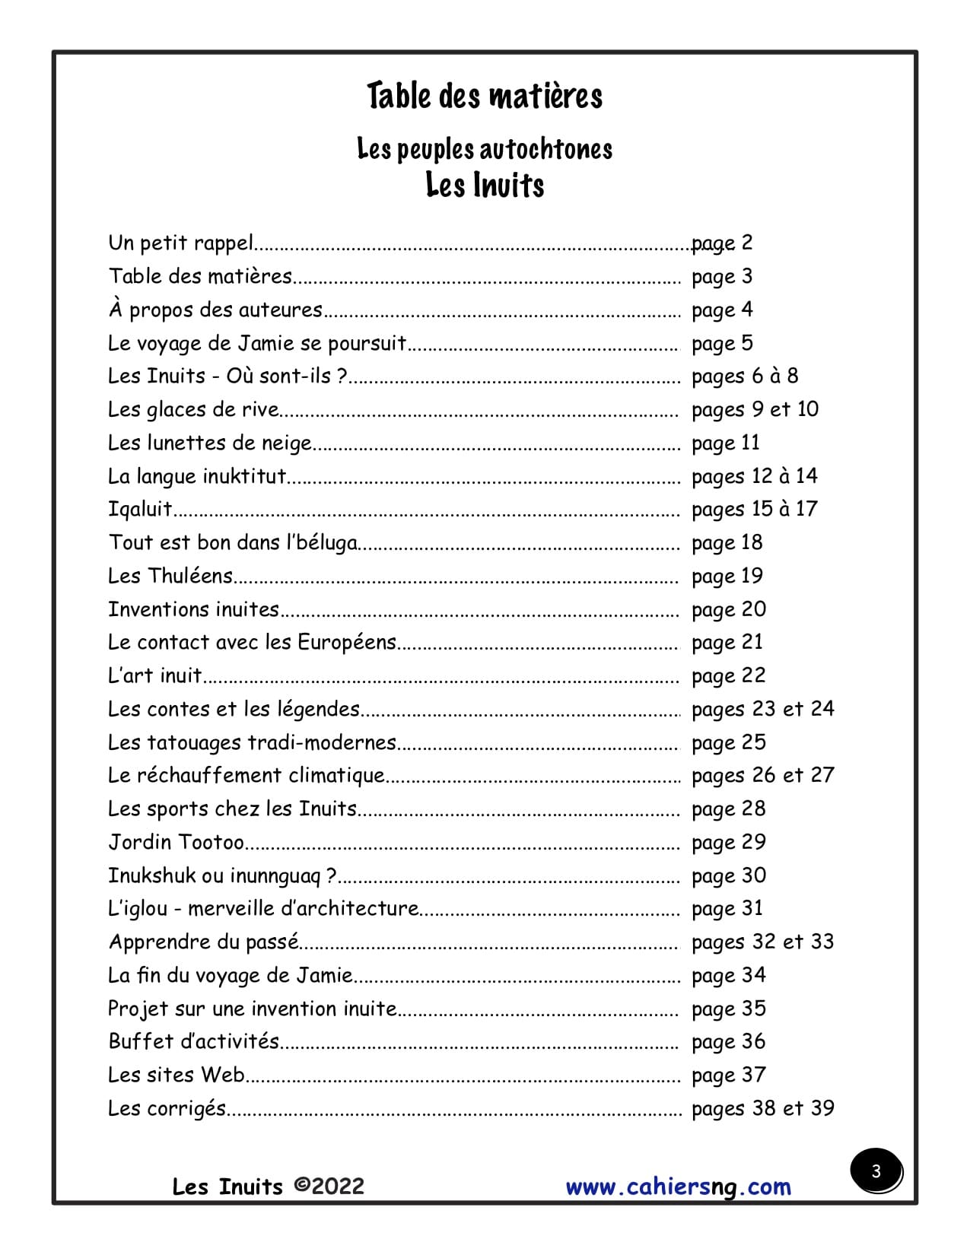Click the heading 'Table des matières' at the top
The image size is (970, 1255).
click(x=485, y=97)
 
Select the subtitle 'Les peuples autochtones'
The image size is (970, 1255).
click(x=485, y=149)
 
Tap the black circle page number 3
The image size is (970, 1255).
click(x=876, y=1171)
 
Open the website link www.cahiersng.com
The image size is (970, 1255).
click(x=678, y=1187)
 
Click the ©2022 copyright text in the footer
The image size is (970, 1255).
click(x=329, y=1186)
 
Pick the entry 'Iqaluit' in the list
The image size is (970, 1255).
click(x=141, y=509)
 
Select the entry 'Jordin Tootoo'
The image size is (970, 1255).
click(x=177, y=842)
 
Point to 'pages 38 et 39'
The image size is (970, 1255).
click(x=762, y=1108)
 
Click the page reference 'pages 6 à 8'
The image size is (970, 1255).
click(x=744, y=376)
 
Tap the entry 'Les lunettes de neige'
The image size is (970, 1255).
click(x=210, y=443)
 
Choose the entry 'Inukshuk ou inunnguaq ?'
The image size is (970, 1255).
click(x=222, y=875)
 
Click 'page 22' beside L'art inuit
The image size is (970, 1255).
click(x=728, y=675)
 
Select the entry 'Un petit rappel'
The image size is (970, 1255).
click(x=181, y=243)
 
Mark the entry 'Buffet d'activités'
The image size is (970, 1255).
click(x=194, y=1041)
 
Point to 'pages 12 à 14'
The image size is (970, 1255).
click(x=754, y=476)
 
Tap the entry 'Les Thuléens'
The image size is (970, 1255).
click(x=170, y=576)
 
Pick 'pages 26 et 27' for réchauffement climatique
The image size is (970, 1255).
click(x=762, y=775)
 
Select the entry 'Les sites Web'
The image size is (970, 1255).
click(x=177, y=1075)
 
